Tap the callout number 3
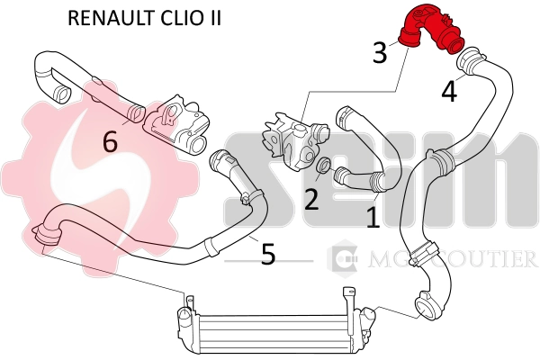pos(380,53)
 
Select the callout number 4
pos(448,91)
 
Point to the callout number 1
pos(372,216)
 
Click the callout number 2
pos(311,199)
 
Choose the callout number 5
pos(267,254)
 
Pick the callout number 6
pos(110,141)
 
